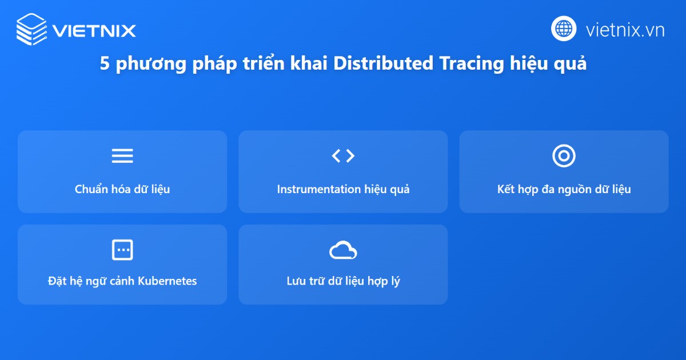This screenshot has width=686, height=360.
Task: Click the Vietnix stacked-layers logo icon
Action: coord(31,29)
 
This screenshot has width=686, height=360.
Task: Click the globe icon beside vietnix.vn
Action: coord(564,29)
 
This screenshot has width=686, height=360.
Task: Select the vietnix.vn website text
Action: coord(625,30)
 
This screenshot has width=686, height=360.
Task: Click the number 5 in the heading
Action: coord(105,64)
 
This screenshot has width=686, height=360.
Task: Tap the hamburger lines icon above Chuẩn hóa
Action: coord(122,156)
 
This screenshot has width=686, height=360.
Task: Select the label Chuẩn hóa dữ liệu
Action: coord(122,189)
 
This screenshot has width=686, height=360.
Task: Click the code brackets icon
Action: coord(343,155)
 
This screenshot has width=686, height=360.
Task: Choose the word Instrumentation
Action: coord(318,189)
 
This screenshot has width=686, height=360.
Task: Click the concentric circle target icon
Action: coord(564,155)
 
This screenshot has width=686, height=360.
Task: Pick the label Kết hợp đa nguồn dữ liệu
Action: coord(564,189)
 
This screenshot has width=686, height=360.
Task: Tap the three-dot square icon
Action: coord(122,250)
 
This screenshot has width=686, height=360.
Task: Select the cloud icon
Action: coord(343,250)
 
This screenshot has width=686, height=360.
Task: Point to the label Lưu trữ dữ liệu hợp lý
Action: coord(343,281)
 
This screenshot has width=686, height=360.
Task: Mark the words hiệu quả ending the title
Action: coord(548,64)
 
